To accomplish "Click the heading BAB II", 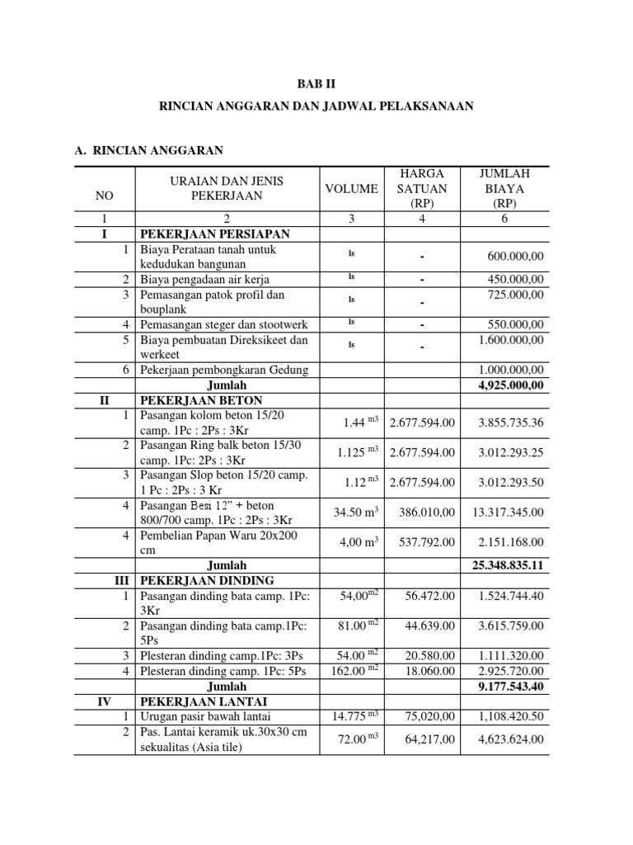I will [316, 85].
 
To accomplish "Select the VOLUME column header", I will [351, 188].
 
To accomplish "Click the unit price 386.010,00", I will [427, 512].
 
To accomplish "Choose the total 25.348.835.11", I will [504, 565].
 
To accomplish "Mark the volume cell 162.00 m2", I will [356, 671].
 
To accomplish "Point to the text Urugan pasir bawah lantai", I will [205, 716].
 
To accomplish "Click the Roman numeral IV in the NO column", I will [105, 701].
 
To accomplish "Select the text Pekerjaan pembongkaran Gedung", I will [223, 370].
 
